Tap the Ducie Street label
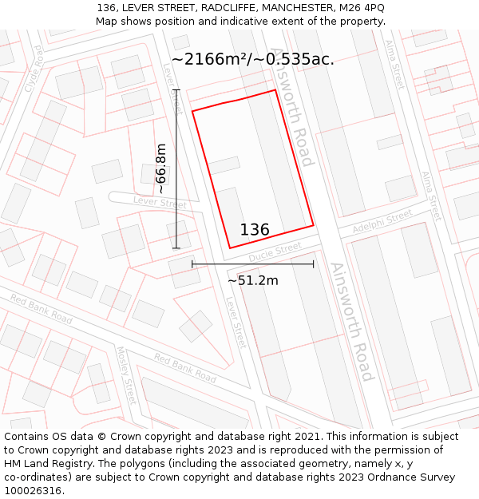[x=275, y=253]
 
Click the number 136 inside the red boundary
[x=255, y=230]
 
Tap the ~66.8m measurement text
[x=160, y=168]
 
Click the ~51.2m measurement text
[x=253, y=280]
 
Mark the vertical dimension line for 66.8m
[x=177, y=168]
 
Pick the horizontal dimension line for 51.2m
[x=252, y=263]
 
